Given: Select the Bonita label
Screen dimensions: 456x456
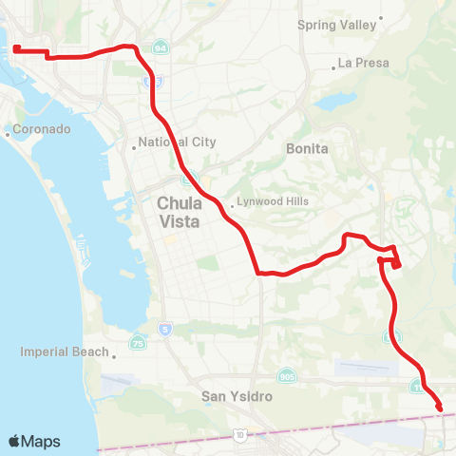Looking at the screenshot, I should click(x=307, y=148).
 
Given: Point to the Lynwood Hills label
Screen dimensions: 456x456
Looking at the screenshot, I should click(x=272, y=201).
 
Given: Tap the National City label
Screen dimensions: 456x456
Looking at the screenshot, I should click(x=178, y=142).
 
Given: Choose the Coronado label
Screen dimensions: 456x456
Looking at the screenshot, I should click(x=40, y=129).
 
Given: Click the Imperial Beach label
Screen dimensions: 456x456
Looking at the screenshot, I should click(x=65, y=351).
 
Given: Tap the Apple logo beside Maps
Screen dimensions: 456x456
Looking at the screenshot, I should click(x=15, y=441).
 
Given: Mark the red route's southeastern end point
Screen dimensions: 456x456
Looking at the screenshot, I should click(x=440, y=408).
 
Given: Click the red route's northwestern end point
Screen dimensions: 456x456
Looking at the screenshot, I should click(x=17, y=48).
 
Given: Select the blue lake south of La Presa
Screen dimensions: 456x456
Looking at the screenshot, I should click(x=334, y=100).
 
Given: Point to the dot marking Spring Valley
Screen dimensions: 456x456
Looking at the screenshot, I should click(x=381, y=17).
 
